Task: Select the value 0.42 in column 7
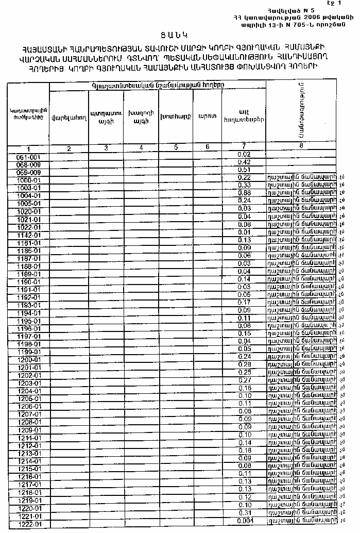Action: click(245, 162)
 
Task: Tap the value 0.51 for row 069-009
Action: click(245, 170)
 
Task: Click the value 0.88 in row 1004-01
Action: click(245, 193)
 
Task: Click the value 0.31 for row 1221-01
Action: click(245, 513)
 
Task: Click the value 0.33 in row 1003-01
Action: click(245, 185)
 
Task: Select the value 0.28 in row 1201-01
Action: click(245, 364)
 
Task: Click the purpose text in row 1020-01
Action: click(301, 208)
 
